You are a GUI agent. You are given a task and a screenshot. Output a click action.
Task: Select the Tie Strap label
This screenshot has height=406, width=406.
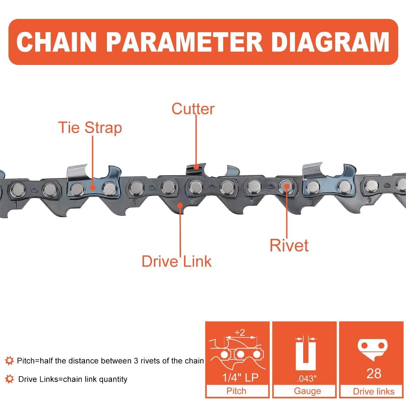(x=90, y=128)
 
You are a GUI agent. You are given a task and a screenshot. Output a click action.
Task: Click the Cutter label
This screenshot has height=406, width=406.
(x=193, y=109)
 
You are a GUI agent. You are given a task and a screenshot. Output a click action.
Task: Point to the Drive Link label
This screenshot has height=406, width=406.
(x=176, y=262)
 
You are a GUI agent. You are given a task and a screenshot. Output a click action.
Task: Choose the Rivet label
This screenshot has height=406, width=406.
(x=289, y=245)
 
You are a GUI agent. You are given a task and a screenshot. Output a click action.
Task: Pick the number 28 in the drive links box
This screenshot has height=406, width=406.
(x=374, y=374)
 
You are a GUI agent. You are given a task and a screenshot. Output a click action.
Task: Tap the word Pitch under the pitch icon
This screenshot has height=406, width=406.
(x=236, y=391)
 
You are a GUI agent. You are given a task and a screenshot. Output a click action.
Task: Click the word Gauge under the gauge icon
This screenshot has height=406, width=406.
(x=307, y=391)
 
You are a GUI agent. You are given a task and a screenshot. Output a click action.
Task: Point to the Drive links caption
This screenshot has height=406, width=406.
(x=374, y=391)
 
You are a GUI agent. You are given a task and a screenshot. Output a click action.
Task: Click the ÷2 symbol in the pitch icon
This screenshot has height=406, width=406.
(x=240, y=333)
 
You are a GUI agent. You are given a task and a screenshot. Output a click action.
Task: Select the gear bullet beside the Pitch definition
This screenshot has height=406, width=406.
(x=9, y=361)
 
